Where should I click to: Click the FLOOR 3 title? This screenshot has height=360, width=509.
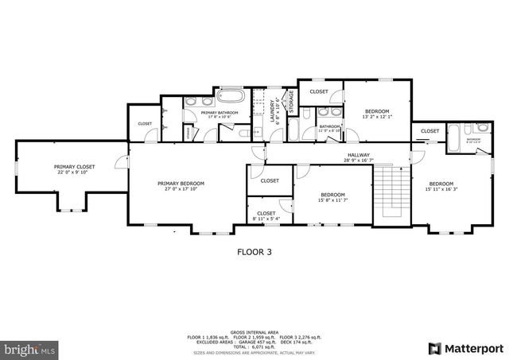[254, 252]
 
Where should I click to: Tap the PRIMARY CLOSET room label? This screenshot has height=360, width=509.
[75, 167]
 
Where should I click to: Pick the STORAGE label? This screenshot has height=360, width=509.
[291, 102]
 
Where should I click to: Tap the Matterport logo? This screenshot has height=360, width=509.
[466, 348]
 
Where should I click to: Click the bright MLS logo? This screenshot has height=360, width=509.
[29, 349]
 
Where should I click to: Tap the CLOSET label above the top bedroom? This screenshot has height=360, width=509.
[319, 91]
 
